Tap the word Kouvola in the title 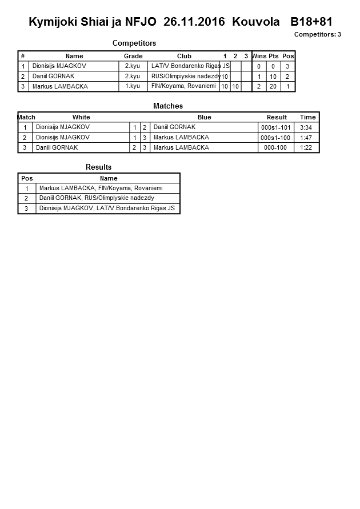click(x=256, y=22)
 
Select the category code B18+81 click(x=311, y=22)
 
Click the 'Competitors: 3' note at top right click(x=318, y=34)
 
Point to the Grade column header click(x=133, y=56)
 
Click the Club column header click(x=184, y=56)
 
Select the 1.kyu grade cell click(x=132, y=86)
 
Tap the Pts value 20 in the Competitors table click(x=273, y=87)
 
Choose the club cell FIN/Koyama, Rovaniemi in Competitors click(x=183, y=86)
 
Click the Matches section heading click(x=168, y=106)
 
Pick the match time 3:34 click(x=307, y=127)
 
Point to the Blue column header click(x=204, y=117)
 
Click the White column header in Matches click(x=81, y=117)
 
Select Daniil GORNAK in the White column click(x=57, y=148)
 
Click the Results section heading click(x=98, y=167)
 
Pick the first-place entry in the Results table click(x=101, y=188)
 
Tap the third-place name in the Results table click(x=107, y=209)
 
